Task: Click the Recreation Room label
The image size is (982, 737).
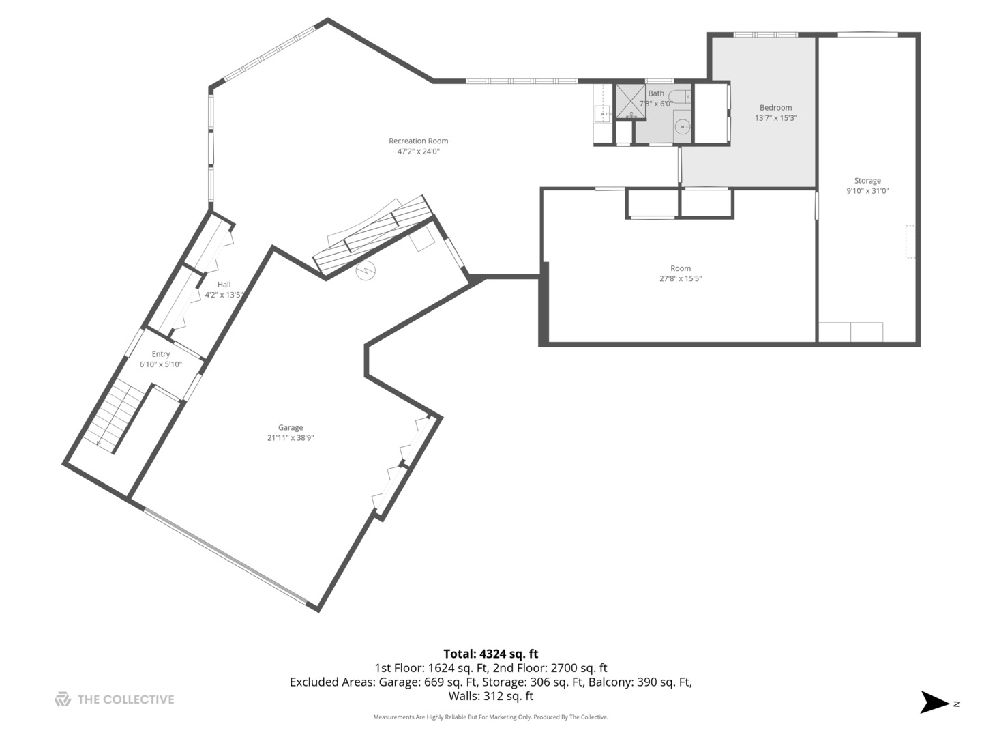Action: point(418,141)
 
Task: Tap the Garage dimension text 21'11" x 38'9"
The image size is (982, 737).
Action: point(291,438)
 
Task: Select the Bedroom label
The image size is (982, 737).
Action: point(775,107)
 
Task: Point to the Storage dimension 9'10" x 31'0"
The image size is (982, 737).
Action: point(867,191)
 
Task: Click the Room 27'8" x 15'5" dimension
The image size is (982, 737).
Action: point(680,278)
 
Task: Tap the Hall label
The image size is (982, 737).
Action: point(224,285)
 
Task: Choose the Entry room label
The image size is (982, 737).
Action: point(161,354)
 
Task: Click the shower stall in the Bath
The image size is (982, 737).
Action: point(630,101)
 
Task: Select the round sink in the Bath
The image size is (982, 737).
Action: point(683,126)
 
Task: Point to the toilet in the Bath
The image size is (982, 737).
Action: point(680,96)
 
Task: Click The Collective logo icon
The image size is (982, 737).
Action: point(63,699)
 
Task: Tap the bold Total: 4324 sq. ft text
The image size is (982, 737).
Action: point(490,654)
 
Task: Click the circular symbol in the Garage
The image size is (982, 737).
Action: point(366,271)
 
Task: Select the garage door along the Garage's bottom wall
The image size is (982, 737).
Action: point(226,555)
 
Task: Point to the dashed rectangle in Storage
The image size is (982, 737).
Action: point(909,242)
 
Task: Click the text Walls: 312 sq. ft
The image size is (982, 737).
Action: point(490,696)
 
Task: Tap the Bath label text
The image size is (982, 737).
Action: point(656,93)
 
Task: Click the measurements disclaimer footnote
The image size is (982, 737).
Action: point(490,717)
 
